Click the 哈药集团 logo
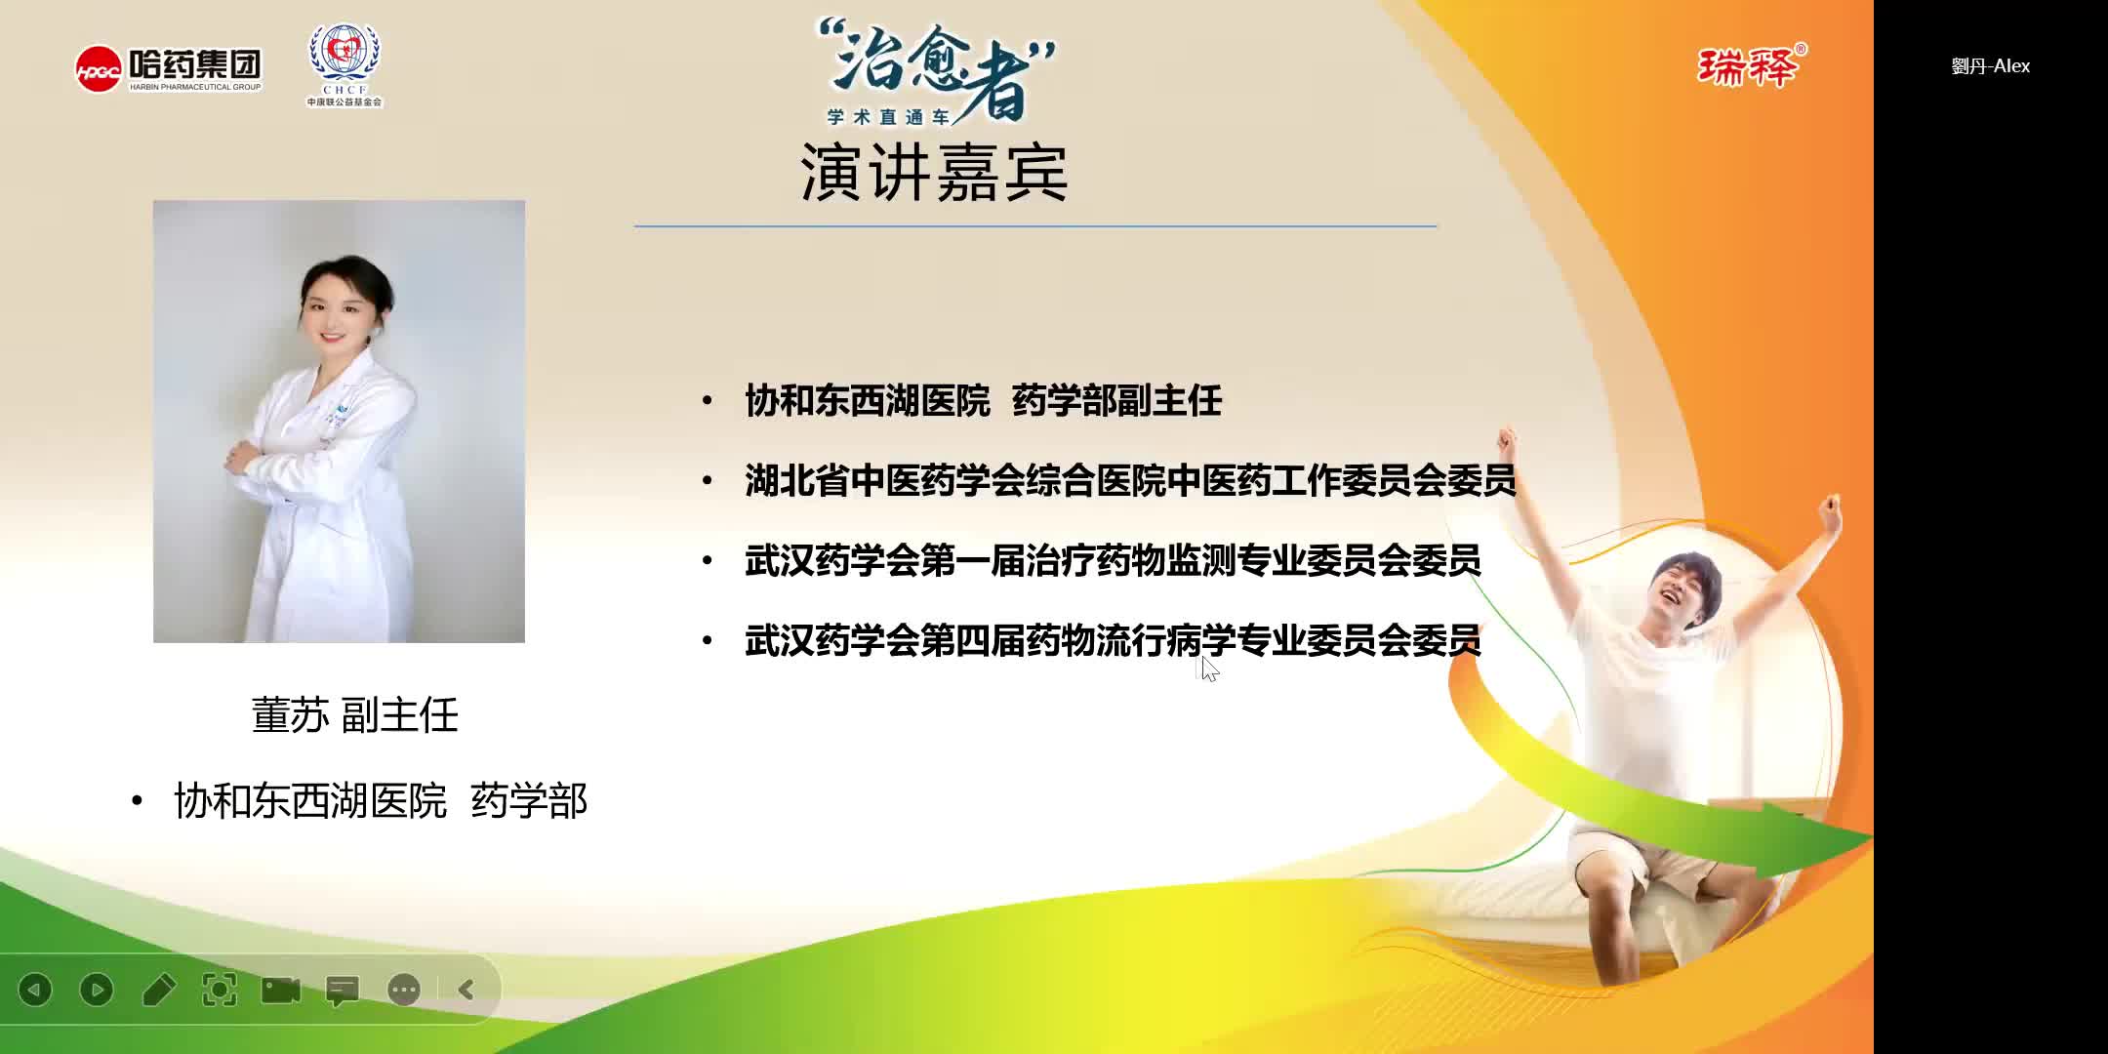click(169, 68)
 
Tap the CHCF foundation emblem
click(345, 64)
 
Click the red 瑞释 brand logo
click(1751, 66)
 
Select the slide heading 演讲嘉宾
click(934, 173)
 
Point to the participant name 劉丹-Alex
click(1990, 66)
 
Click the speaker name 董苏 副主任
click(354, 715)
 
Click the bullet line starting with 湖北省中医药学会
click(1129, 481)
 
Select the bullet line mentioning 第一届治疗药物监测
click(1113, 561)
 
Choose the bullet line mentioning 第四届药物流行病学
click(1113, 641)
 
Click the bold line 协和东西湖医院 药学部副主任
click(983, 401)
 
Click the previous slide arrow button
click(35, 990)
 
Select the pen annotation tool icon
click(158, 990)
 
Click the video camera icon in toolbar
click(281, 990)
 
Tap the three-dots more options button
click(404, 990)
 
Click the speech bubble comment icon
click(343, 991)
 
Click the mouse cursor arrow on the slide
click(1209, 669)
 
